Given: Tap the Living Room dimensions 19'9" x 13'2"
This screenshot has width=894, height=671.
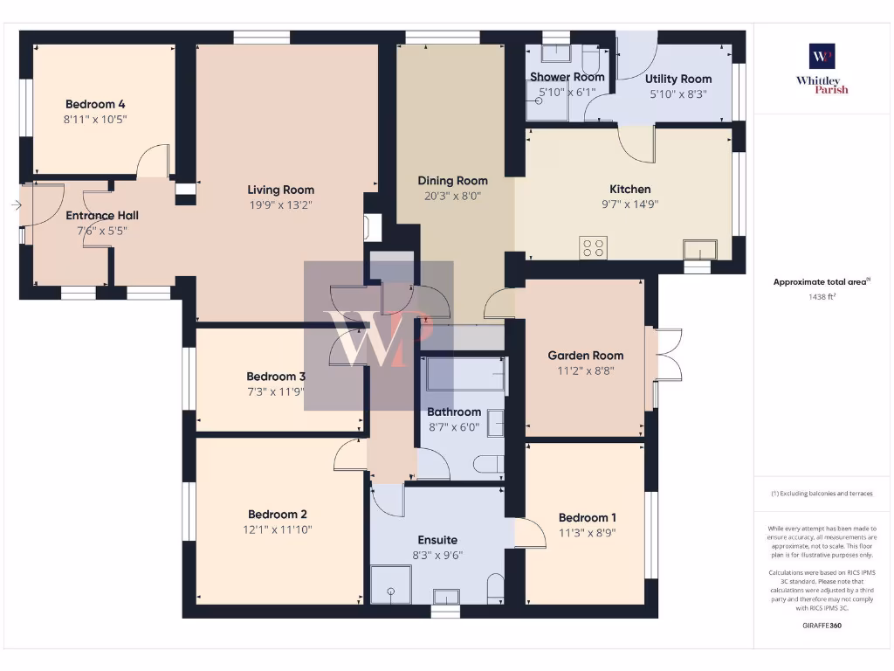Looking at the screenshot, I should tap(280, 205).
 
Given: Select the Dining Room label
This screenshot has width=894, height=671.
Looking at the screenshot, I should tap(452, 181).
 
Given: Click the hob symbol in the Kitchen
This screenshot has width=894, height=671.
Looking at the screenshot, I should tap(594, 248).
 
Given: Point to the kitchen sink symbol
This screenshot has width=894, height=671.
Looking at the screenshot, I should tap(699, 251).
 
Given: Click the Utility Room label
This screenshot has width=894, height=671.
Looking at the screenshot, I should tap(678, 79).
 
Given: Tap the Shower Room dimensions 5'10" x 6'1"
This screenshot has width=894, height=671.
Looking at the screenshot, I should tap(567, 93).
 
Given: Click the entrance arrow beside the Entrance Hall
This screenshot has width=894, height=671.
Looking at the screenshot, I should tap(17, 205).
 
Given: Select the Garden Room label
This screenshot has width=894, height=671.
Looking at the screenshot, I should tap(585, 356).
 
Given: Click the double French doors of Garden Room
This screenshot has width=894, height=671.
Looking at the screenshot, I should tap(668, 355).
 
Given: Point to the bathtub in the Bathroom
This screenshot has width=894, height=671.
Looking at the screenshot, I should tap(464, 374).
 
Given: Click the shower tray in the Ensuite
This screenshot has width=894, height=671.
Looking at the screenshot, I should tap(390, 584).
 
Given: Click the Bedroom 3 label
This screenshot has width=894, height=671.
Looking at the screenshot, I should tap(275, 377).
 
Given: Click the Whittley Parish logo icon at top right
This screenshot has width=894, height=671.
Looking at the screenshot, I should tap(822, 57).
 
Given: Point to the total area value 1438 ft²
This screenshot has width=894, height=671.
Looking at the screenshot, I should tap(822, 297).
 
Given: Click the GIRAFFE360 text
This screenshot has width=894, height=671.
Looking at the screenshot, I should tap(822, 626).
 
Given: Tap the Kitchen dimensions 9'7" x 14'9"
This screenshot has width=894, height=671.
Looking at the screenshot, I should tap(629, 204).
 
